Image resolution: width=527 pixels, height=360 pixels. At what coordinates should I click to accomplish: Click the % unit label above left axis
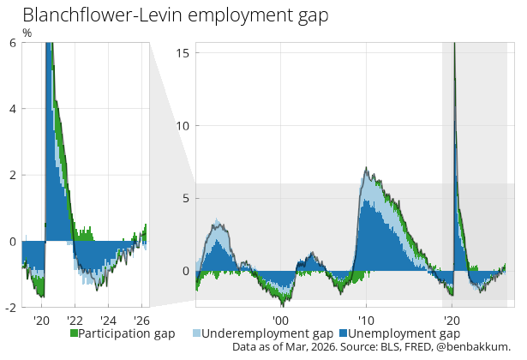point(27,33)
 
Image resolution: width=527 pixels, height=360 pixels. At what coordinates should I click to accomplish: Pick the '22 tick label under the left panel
point(75,321)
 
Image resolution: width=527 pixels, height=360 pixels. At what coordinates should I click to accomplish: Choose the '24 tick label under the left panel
point(109,321)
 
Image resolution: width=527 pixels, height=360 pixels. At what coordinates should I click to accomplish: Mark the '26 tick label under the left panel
point(142,321)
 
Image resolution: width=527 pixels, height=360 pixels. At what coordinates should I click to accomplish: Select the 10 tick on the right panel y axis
point(182,125)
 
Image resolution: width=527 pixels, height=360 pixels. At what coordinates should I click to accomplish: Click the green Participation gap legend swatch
point(75,333)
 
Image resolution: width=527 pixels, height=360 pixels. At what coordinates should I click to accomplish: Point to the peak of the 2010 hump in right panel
point(366,168)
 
